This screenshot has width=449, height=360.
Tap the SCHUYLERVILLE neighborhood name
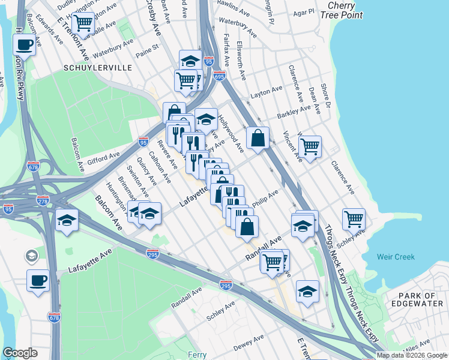97,68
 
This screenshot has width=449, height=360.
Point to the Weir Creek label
396,257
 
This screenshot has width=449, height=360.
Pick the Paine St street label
148,47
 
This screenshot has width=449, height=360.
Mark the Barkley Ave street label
294,112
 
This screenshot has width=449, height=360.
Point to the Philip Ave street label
265,199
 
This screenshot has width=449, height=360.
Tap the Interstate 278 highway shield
43,200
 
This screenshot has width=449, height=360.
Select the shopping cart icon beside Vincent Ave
310,145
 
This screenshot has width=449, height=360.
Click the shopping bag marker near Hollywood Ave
258,137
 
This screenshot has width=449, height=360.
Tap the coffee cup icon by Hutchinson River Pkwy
24,44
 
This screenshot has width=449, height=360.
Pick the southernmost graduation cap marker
307,292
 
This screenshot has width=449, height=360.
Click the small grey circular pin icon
31,257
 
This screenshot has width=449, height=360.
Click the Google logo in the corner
20,353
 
